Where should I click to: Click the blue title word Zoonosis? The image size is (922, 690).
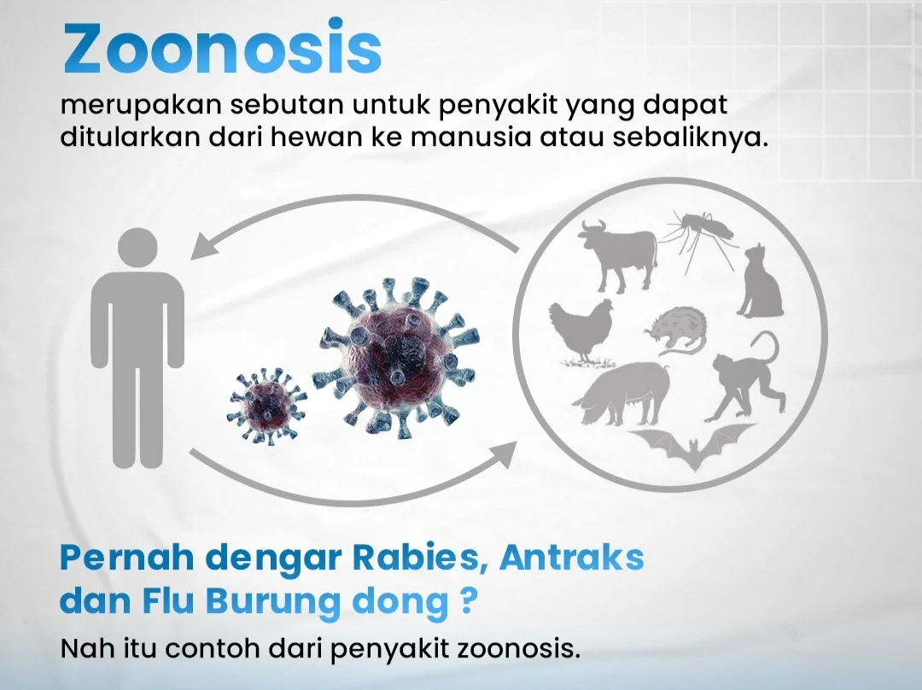222,47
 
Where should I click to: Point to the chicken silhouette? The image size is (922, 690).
581,332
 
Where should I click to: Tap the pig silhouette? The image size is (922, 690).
622,393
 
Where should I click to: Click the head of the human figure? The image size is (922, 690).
137,247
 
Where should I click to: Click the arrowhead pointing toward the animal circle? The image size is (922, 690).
503,454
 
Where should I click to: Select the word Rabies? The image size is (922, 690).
415,558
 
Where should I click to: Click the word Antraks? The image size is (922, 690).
572,558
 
